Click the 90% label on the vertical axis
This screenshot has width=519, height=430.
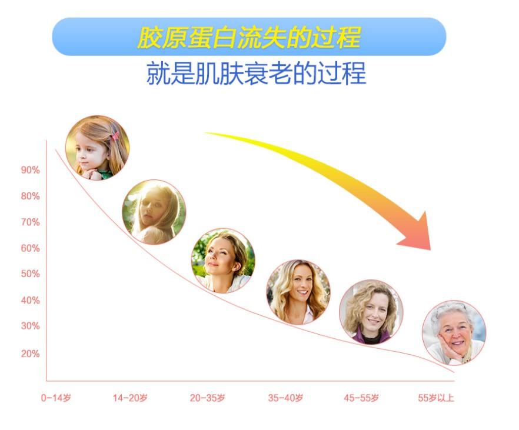[31, 170]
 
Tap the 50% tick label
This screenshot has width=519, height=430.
[31, 274]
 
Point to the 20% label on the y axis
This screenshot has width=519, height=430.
[31, 354]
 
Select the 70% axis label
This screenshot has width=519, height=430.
[31, 222]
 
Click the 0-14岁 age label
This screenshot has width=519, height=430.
[56, 398]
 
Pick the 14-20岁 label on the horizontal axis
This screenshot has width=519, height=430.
[130, 398]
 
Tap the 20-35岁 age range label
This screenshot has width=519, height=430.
[208, 398]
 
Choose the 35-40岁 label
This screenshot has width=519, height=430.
[285, 398]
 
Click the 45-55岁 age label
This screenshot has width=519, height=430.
[361, 398]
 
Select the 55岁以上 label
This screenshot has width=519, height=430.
[436, 398]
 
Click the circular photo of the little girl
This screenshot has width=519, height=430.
[97, 148]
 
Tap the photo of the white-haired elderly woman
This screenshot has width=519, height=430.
[454, 333]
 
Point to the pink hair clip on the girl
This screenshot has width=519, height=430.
[115, 136]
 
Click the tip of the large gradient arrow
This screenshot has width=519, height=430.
[430, 250]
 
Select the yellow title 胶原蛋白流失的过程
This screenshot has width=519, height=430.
[249, 37]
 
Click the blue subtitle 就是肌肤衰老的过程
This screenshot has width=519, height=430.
[256, 73]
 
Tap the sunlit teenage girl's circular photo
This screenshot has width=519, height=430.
[154, 212]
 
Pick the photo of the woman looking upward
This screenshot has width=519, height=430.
[223, 261]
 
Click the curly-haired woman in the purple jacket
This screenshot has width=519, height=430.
[371, 312]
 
